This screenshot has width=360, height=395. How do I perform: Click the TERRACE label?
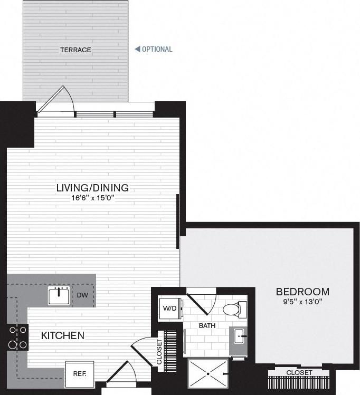point(75,50)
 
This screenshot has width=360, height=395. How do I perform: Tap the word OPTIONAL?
point(157,50)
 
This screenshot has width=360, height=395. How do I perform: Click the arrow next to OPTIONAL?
point(137,50)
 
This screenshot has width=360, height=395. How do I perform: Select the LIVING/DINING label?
point(93,188)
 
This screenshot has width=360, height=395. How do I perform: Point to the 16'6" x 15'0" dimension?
point(93,198)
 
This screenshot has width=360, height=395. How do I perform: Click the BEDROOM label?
point(302,292)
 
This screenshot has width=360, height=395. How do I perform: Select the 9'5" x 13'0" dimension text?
point(302,302)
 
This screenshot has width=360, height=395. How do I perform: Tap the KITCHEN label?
point(63,335)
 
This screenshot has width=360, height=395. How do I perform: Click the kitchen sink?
point(59,296)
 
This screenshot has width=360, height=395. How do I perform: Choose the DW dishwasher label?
point(82,295)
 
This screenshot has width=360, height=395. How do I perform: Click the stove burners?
point(17,338)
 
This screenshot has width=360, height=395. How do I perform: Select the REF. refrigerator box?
point(80,374)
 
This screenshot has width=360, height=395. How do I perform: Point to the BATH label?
point(207,326)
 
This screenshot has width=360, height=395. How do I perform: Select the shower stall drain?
point(208,373)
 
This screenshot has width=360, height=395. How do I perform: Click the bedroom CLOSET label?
point(299,373)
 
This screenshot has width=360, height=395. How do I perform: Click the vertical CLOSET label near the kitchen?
point(159,352)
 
